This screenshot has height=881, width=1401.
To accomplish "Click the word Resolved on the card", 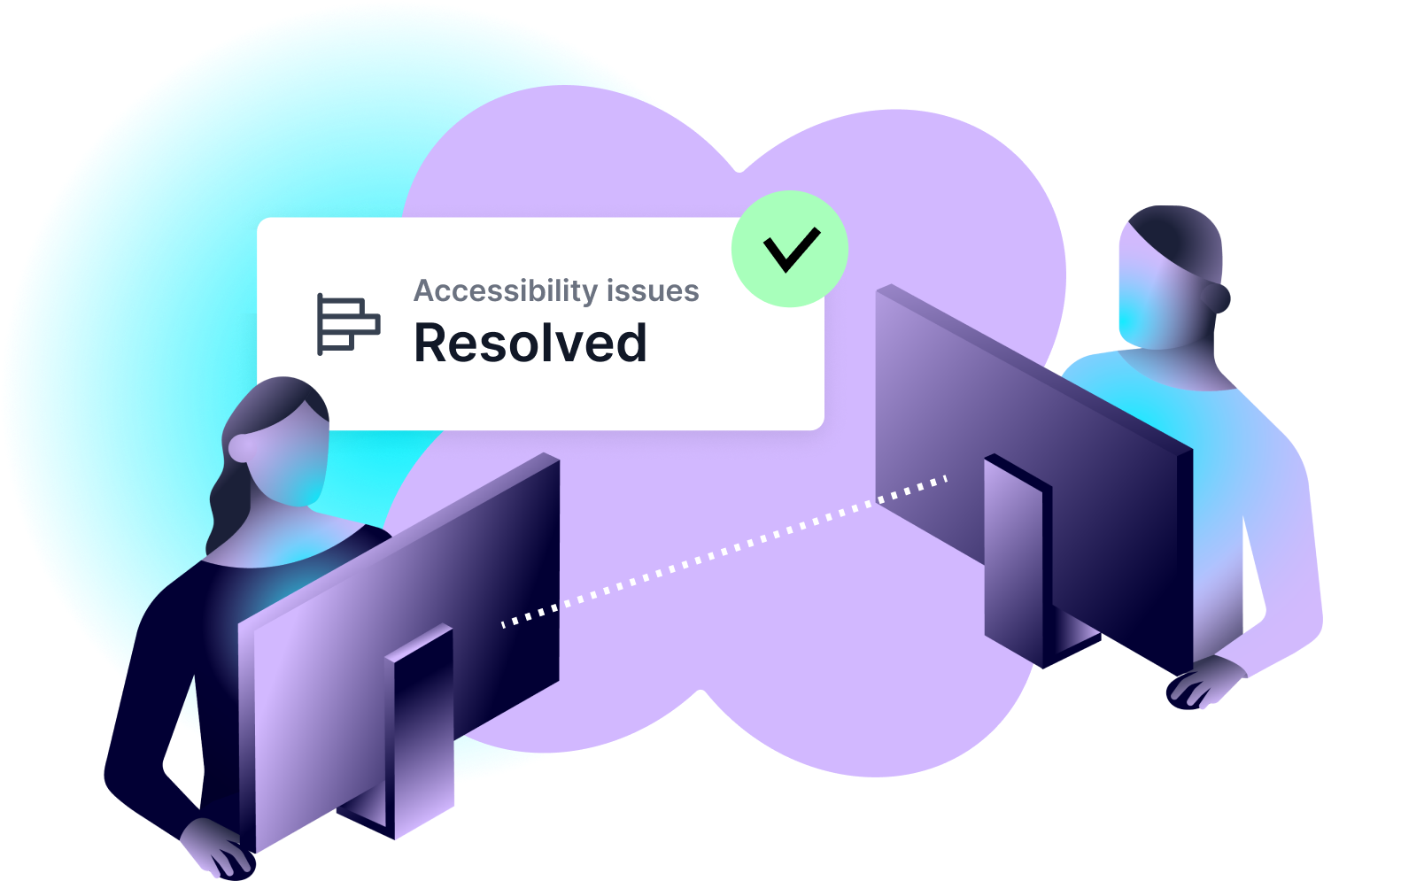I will tap(530, 344).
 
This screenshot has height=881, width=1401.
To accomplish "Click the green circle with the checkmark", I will tap(790, 249).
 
